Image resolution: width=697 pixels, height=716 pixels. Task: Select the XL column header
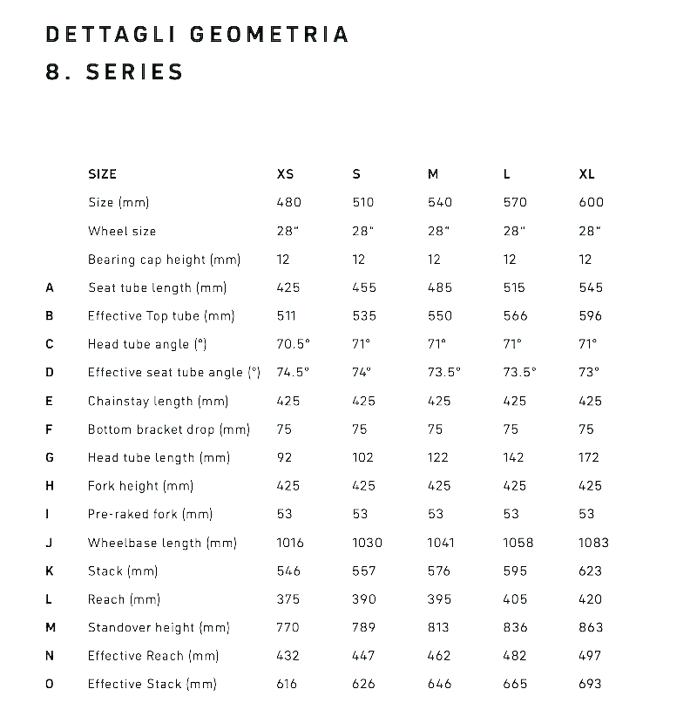586,174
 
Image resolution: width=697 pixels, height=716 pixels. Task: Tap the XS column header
285,174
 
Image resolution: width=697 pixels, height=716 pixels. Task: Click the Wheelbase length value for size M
441,543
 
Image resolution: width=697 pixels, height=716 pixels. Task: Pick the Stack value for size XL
590,571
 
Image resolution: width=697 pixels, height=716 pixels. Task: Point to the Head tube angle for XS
293,344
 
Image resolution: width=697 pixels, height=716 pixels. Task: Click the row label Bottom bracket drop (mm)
169,429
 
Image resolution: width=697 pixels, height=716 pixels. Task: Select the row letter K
50,571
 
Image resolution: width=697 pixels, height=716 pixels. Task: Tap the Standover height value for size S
363,627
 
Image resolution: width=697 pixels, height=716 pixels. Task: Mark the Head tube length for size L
514,457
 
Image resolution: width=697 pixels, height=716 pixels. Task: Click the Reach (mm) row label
125,599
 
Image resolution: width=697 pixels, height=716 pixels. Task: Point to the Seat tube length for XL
591,287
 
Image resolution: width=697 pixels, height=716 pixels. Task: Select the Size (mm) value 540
440,202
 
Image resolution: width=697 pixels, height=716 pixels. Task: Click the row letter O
50,684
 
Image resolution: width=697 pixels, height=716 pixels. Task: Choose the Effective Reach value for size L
515,656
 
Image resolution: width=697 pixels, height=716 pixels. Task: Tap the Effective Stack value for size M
440,684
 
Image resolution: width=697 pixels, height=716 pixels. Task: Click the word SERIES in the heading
134,72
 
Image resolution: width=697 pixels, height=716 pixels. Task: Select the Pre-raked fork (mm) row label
151,514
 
